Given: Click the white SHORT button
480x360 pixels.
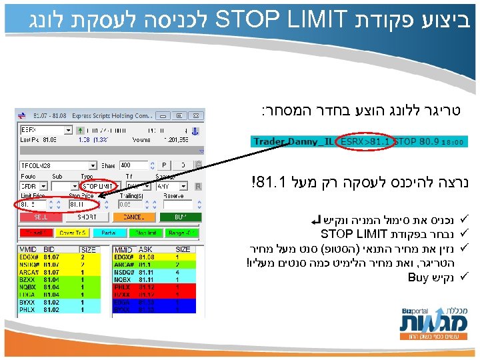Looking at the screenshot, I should [x=87, y=217].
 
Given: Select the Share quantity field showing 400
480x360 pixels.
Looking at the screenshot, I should [x=133, y=165].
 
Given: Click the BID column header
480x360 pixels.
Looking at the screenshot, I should [x=51, y=249].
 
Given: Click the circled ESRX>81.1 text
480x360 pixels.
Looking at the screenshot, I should [x=365, y=142].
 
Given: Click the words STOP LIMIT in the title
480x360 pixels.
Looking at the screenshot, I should [x=276, y=19].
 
